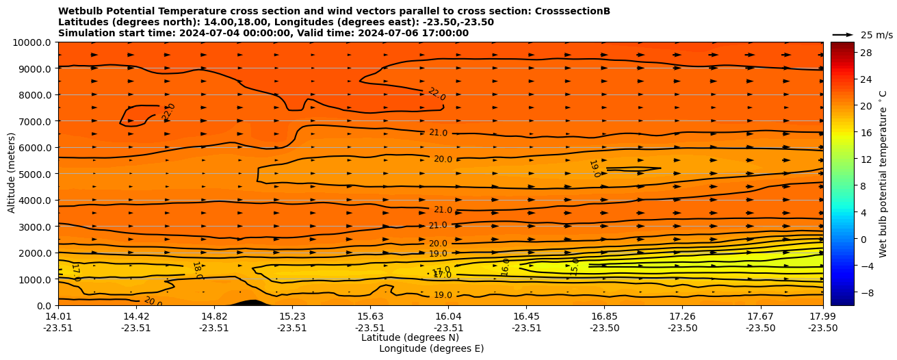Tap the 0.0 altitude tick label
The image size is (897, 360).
click(46, 305)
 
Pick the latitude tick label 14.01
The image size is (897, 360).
click(58, 316)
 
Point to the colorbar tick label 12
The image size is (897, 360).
click(865, 159)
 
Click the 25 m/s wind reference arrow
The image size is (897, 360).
click(842, 35)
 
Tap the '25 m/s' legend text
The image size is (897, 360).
click(876, 35)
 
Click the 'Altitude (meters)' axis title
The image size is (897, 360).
click(12, 174)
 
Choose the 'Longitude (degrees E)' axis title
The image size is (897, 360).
click(431, 348)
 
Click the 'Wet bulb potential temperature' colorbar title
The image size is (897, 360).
click(883, 174)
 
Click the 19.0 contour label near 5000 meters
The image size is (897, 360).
click(595, 169)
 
